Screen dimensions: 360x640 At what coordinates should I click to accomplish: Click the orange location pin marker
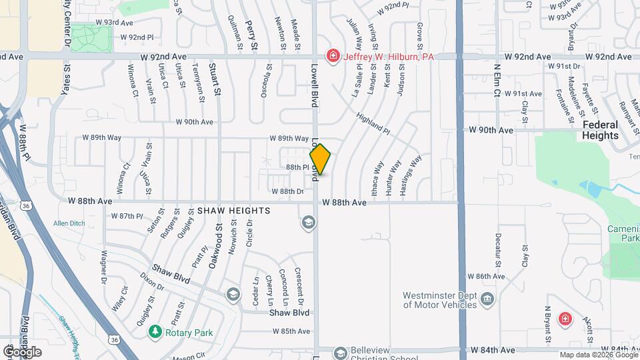(x=320, y=159)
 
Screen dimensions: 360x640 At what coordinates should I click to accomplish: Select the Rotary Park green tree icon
(x=155, y=331)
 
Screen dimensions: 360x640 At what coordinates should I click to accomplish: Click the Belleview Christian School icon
(x=341, y=351)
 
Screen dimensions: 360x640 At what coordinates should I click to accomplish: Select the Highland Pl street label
(x=372, y=121)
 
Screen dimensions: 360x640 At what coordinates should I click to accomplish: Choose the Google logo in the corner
(x=22, y=351)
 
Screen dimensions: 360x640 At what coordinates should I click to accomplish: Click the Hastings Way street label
(x=410, y=175)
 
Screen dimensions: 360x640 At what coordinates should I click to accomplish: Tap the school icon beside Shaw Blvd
(x=233, y=294)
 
